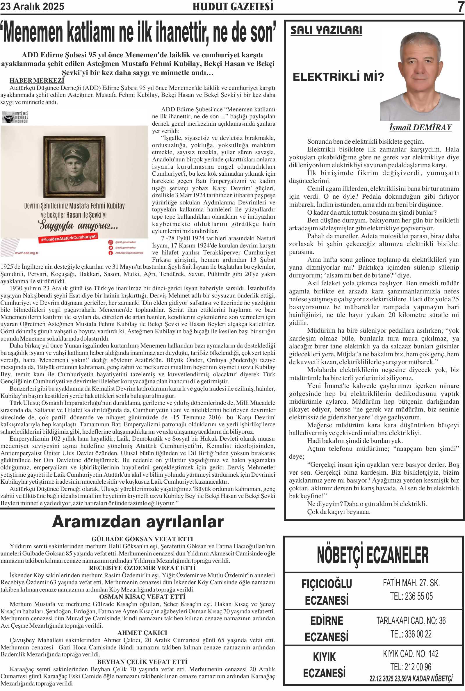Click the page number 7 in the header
point(461,6)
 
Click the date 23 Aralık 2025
point(32,6)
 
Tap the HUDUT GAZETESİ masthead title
point(233,6)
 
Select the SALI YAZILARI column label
point(326,30)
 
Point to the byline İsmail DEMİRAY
point(420,128)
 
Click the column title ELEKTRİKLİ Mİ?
point(338,77)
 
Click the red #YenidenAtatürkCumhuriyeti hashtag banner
point(69,238)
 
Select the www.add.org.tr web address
point(27,253)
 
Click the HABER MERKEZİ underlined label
point(37,80)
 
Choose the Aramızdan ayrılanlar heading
point(138,522)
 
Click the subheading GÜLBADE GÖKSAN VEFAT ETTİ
point(142,539)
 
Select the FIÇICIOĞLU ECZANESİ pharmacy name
point(327,592)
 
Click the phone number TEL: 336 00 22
point(411,634)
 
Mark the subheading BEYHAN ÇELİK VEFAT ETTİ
point(142,662)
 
